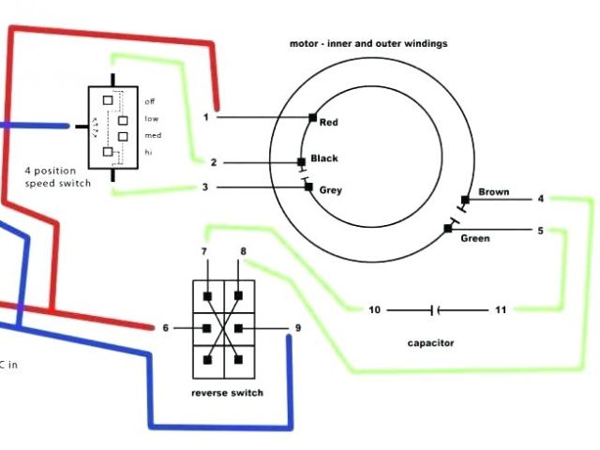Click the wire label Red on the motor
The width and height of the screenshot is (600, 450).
(x=328, y=123)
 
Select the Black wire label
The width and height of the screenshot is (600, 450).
(x=323, y=158)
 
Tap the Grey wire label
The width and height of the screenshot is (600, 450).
(x=331, y=190)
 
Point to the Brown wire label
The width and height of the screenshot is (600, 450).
(x=494, y=192)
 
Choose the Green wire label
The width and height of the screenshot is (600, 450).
(x=475, y=238)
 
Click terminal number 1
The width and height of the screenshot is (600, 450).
(x=206, y=117)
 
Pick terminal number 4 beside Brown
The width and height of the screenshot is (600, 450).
(x=541, y=199)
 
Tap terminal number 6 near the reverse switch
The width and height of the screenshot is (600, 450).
(x=166, y=327)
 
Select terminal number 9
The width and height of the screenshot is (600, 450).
(x=298, y=327)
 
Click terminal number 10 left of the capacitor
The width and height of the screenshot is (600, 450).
(x=374, y=309)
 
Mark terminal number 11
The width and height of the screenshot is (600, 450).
(x=501, y=309)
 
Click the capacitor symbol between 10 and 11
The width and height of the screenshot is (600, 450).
(x=435, y=309)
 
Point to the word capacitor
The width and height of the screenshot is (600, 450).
(x=431, y=343)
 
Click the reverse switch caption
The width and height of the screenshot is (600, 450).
(x=227, y=393)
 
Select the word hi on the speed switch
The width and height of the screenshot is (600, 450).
(x=149, y=152)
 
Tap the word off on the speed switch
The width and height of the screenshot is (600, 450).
(x=150, y=100)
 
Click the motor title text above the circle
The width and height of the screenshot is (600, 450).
(x=368, y=43)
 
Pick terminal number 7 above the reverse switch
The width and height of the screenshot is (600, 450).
(x=204, y=252)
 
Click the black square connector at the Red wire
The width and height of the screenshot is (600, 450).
(x=312, y=117)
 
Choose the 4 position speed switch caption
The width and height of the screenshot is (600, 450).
(x=58, y=178)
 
